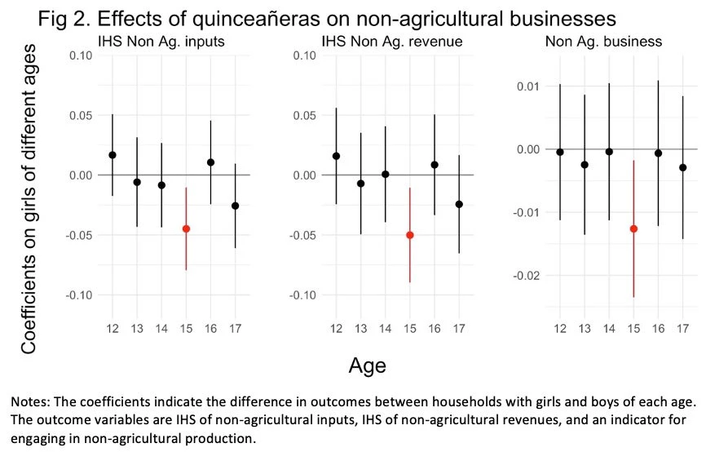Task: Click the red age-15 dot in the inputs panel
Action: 186,229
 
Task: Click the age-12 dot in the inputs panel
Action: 113,155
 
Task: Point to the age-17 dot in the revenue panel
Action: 459,204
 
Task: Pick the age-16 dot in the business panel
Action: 658,153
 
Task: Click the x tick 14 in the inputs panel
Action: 161,328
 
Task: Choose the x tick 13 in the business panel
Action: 585,328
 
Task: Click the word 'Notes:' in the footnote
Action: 33,402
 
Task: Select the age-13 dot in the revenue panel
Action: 360,184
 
